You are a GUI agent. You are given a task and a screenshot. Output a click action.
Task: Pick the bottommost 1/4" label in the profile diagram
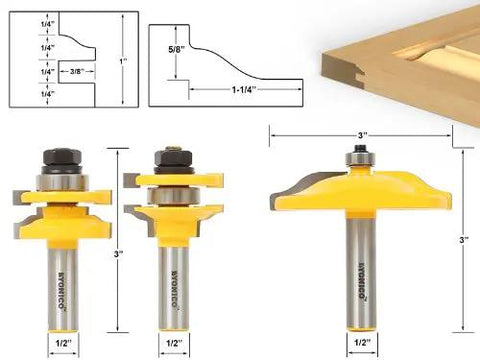[x=19, y=94]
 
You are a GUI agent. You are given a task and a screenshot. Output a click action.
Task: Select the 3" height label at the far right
[x=462, y=239]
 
